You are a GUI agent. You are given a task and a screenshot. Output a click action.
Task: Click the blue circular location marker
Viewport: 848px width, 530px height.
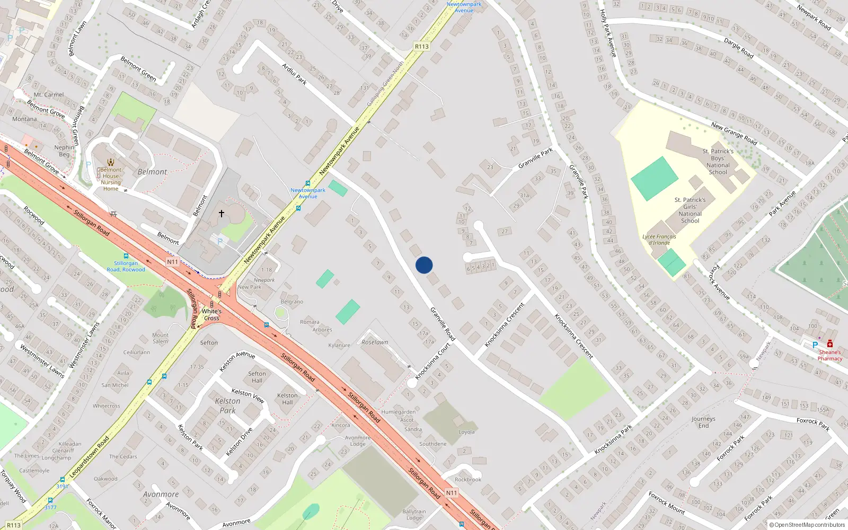click(x=424, y=265)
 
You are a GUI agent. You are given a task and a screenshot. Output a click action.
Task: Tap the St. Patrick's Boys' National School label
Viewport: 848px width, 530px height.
click(x=718, y=162)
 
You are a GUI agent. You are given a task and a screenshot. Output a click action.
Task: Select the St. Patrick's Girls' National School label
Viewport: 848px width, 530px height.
click(x=690, y=210)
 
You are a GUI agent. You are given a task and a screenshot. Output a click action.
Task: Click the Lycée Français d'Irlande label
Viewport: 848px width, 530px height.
click(x=659, y=240)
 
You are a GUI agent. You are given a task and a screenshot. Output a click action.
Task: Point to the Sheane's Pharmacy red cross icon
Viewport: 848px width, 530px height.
click(x=830, y=344)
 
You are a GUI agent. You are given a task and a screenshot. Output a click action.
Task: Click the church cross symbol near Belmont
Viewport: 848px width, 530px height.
click(x=222, y=213)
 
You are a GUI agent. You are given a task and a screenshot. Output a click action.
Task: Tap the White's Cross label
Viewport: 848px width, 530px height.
click(x=211, y=315)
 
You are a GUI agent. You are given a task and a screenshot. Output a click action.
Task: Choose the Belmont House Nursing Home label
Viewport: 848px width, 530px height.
click(x=111, y=179)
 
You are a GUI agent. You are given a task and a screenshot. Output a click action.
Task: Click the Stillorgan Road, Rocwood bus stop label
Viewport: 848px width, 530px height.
click(x=126, y=266)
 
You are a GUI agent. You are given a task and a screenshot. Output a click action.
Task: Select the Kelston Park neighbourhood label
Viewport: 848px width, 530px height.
click(x=227, y=405)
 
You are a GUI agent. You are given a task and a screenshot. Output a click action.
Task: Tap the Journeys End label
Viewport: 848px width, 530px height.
click(x=703, y=422)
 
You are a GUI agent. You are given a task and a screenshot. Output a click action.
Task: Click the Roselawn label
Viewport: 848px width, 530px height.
click(x=375, y=342)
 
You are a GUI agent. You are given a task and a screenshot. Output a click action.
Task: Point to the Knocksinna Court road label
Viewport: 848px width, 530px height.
click(x=432, y=361)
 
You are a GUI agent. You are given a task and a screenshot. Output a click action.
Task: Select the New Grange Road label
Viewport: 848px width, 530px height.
click(x=734, y=134)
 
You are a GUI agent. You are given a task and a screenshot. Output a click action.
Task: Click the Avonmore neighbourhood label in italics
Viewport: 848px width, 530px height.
click(x=161, y=494)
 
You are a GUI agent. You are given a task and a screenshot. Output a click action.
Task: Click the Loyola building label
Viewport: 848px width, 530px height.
click(x=466, y=432)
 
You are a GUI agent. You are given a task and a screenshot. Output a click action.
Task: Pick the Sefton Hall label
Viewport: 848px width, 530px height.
click(x=257, y=377)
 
